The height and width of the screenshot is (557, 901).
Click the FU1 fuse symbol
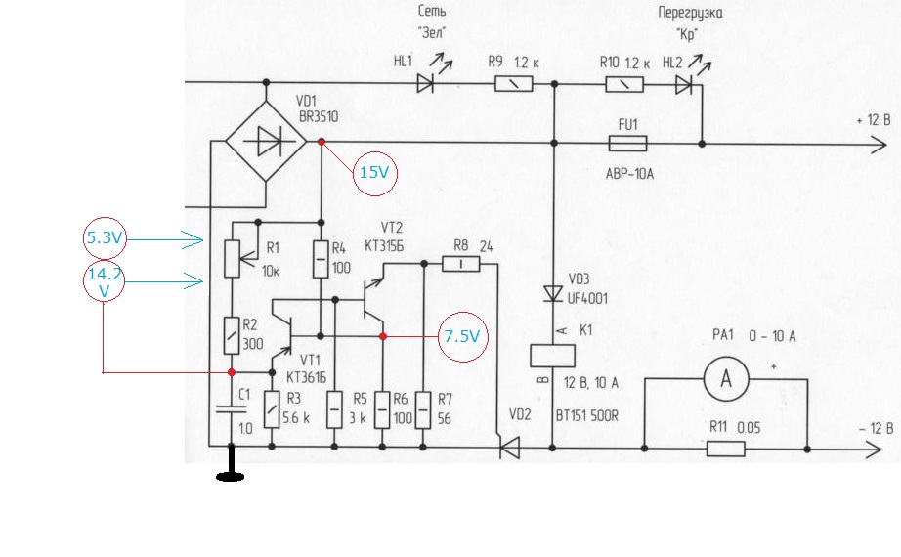point(627,143)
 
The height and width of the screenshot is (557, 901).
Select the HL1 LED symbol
point(426,84)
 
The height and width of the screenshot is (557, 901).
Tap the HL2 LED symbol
point(684,85)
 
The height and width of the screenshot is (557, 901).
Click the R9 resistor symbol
point(514,84)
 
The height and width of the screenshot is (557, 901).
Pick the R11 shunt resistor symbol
point(726,449)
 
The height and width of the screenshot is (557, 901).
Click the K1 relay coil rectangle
point(552,356)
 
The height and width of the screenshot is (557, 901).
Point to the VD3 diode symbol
point(553,294)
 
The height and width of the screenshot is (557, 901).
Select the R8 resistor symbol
point(461,264)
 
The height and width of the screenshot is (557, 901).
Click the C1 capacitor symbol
point(231,408)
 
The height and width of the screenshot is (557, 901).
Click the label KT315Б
point(384,246)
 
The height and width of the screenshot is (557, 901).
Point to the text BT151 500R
point(586,415)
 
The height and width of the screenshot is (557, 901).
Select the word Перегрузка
point(690,13)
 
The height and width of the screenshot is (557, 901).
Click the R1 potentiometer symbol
point(232,259)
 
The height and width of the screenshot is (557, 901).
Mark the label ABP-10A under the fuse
point(629,174)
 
